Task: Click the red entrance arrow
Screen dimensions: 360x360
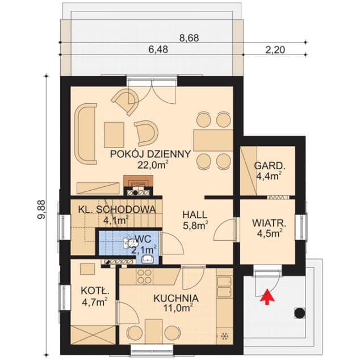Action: pyautogui.click(x=267, y=296)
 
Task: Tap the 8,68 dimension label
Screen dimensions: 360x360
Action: pyautogui.click(x=189, y=38)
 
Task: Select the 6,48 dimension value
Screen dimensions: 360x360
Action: pyautogui.click(x=158, y=49)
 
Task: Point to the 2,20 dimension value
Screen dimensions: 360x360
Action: pyautogui.click(x=275, y=49)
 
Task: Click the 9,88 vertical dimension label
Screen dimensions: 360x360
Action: pyautogui.click(x=42, y=210)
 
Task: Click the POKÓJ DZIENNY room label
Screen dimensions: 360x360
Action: pyautogui.click(x=150, y=154)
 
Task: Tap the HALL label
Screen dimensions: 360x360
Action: pyautogui.click(x=195, y=215)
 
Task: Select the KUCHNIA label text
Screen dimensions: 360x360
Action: pyautogui.click(x=176, y=299)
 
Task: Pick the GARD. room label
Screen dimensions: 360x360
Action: pyautogui.click(x=270, y=166)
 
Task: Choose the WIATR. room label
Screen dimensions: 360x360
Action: pyautogui.click(x=269, y=223)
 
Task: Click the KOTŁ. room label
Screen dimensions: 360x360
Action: pyautogui.click(x=95, y=291)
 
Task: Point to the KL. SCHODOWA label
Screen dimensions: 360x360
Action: pyautogui.click(x=117, y=210)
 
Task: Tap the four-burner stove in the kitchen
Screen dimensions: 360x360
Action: pyautogui.click(x=145, y=276)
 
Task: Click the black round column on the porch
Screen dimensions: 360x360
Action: pyautogui.click(x=300, y=313)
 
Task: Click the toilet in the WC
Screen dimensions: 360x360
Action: pyautogui.click(x=129, y=244)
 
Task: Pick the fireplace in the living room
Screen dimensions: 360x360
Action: pyautogui.click(x=138, y=185)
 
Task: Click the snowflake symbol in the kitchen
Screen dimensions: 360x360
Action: pyautogui.click(x=224, y=336)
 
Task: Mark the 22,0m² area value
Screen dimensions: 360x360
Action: pyautogui.click(x=153, y=165)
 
